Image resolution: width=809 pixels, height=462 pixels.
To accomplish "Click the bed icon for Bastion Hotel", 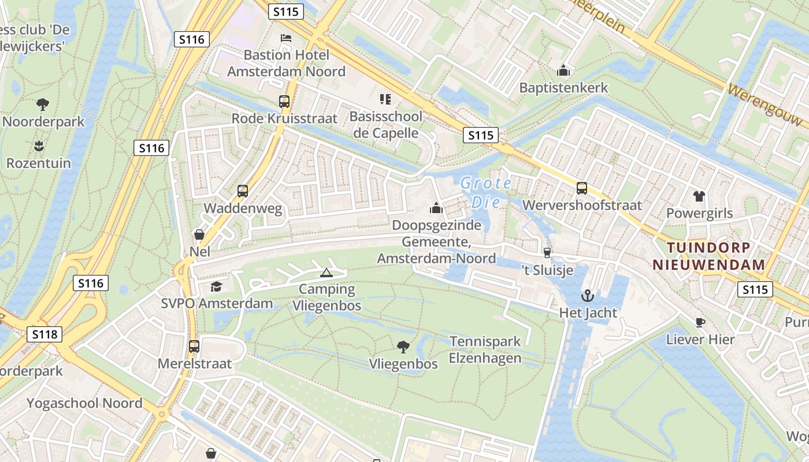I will pyautogui.click(x=285, y=39).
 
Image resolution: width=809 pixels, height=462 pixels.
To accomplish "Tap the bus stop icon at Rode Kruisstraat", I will pyautogui.click(x=284, y=102).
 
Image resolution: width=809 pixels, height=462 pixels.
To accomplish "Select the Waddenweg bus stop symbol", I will pyautogui.click(x=243, y=191).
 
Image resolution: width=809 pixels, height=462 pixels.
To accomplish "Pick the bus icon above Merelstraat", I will pyautogui.click(x=194, y=346).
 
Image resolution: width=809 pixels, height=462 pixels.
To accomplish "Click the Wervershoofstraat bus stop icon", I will pyautogui.click(x=582, y=188).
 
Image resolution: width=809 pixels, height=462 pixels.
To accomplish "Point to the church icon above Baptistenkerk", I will pyautogui.click(x=563, y=71).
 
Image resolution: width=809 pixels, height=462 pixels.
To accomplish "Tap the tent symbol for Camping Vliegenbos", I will pyautogui.click(x=326, y=273).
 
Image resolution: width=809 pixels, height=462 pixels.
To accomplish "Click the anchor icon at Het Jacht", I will pyautogui.click(x=588, y=296).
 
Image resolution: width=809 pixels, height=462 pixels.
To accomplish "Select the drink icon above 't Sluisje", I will pyautogui.click(x=547, y=253).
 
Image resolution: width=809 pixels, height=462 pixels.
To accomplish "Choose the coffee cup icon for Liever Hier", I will pyautogui.click(x=700, y=322).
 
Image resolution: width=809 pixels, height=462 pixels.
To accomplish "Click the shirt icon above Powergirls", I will pyautogui.click(x=699, y=196).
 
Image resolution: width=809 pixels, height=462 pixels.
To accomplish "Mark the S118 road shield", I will pyautogui.click(x=44, y=334).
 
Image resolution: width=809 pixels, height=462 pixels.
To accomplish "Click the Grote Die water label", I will pyautogui.click(x=485, y=193).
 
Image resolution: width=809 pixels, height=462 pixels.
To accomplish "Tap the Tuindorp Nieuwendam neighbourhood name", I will pyautogui.click(x=709, y=256).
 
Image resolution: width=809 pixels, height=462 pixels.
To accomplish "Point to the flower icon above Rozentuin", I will pyautogui.click(x=39, y=146).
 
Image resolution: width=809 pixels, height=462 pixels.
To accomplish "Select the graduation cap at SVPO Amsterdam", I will pyautogui.click(x=216, y=286).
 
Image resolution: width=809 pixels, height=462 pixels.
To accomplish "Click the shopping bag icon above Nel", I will pyautogui.click(x=199, y=234).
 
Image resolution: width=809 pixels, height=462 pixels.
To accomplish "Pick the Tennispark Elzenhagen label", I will pyautogui.click(x=485, y=350).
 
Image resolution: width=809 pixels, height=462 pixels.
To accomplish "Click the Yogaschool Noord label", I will pyautogui.click(x=84, y=403).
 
